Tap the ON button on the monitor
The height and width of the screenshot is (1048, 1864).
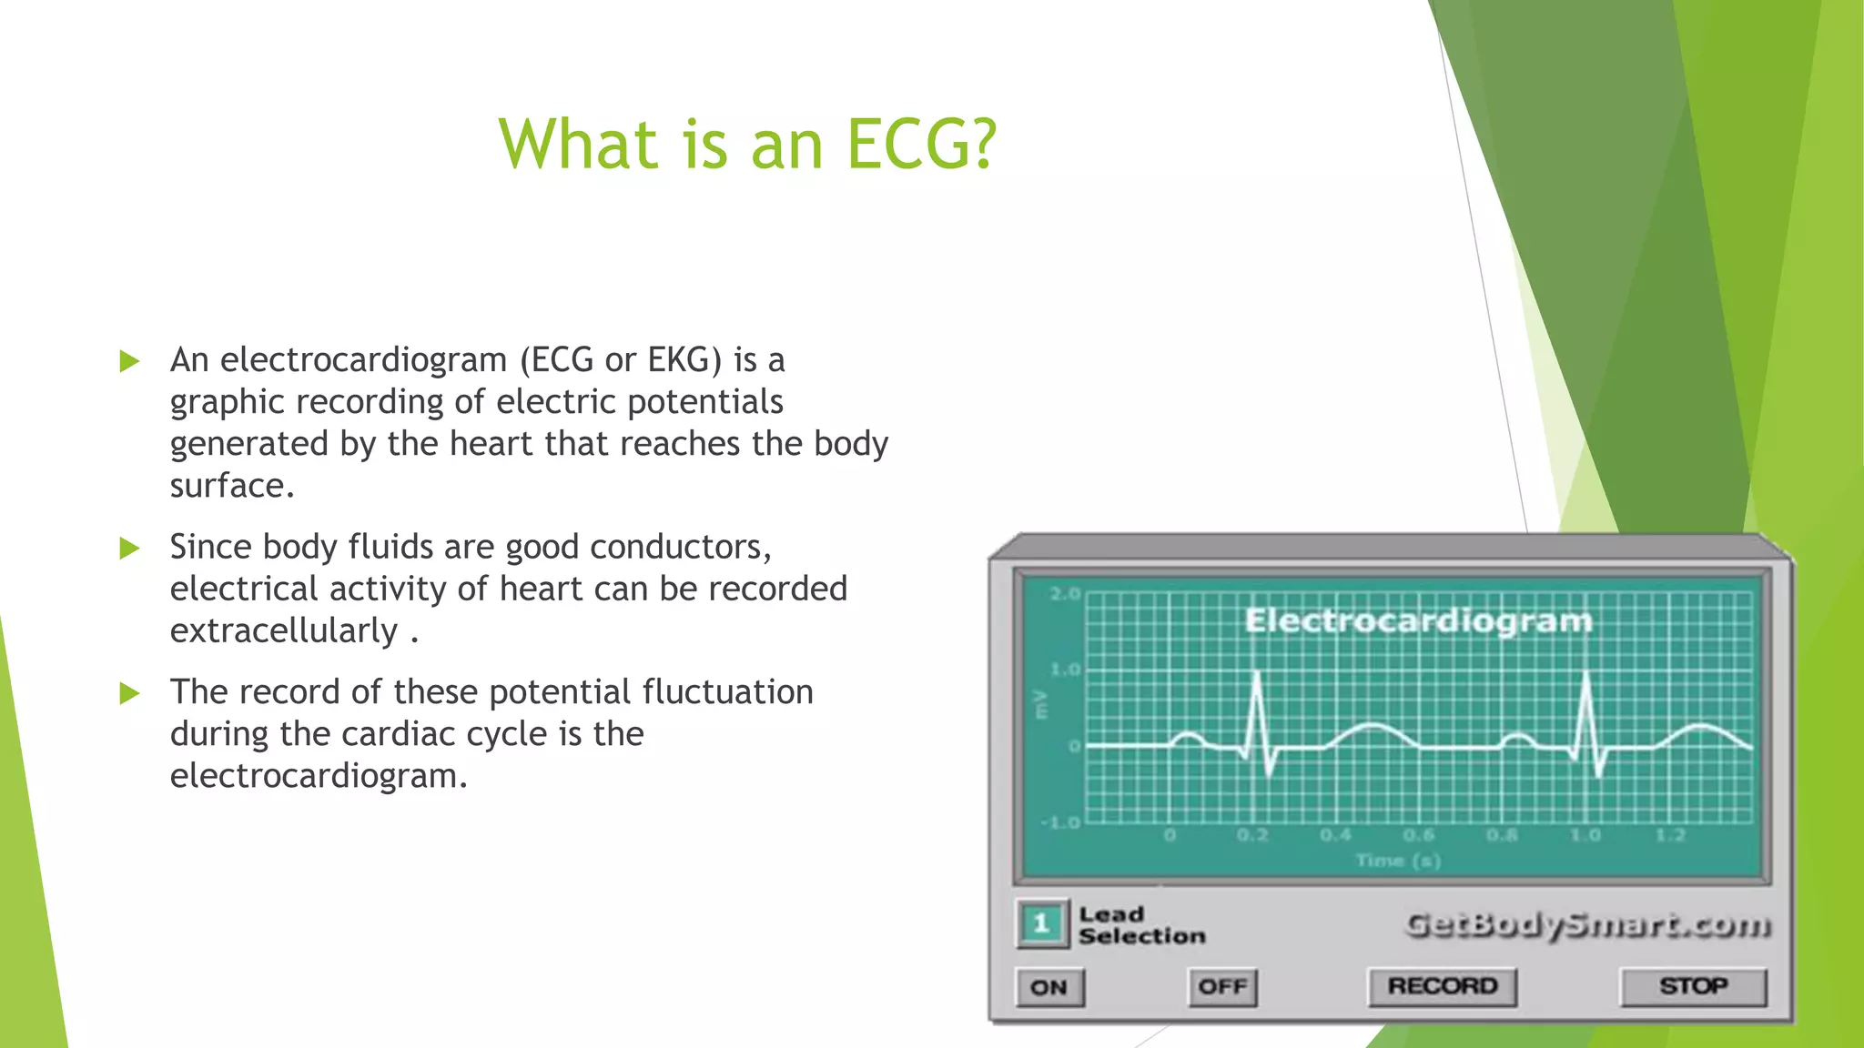(1048, 987)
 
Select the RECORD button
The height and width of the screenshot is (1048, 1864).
(1442, 986)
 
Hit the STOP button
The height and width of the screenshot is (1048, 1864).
(1693, 986)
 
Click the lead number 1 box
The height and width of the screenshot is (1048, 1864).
(1041, 923)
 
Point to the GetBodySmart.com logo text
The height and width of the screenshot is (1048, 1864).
(1588, 925)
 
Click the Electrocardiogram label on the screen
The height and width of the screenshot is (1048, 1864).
(1418, 620)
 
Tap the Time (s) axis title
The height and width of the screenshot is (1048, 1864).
(1398, 860)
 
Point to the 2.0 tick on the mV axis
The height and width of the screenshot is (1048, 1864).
(1064, 594)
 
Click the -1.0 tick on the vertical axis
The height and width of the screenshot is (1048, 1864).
(1060, 822)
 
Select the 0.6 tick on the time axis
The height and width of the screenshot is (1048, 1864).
(1419, 835)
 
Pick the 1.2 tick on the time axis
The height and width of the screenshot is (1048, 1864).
(1670, 835)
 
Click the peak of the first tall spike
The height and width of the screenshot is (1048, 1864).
(1258, 674)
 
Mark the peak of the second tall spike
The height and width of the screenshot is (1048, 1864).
(1587, 674)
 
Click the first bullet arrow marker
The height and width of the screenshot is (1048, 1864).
(130, 361)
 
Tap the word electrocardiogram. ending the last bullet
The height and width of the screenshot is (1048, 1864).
(319, 776)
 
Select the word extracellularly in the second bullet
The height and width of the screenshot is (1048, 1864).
(284, 630)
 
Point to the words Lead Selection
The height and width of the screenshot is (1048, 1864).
(1140, 925)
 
